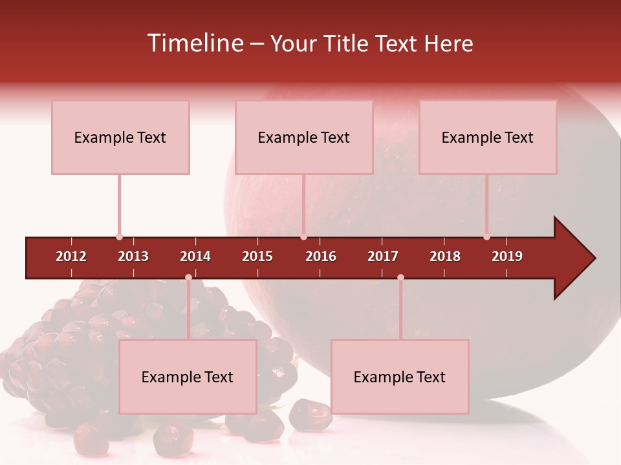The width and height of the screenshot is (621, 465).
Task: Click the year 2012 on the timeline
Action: (x=71, y=256)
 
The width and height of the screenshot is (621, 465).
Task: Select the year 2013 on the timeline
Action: (x=133, y=256)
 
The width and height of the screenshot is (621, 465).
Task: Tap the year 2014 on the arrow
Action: (x=195, y=256)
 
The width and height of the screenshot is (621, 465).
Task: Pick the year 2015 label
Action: (x=257, y=256)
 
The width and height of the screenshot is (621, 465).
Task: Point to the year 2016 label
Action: (x=321, y=256)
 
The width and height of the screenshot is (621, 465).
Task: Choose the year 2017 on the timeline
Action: (x=383, y=256)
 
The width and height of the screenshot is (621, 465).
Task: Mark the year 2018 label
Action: (x=445, y=256)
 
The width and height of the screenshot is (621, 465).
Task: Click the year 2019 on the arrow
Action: (x=507, y=256)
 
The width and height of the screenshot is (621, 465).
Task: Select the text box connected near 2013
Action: (x=120, y=138)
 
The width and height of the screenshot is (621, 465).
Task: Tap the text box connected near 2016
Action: (x=304, y=138)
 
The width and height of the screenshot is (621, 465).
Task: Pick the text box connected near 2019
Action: (x=488, y=138)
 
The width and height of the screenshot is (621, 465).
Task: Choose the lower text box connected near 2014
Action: (x=188, y=377)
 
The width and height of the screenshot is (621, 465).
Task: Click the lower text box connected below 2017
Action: (x=400, y=377)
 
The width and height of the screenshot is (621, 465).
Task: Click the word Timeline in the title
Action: (x=196, y=43)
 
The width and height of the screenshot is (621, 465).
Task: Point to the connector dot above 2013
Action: (x=119, y=237)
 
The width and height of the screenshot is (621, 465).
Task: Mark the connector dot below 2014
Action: (x=188, y=278)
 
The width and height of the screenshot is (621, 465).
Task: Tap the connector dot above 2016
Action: (x=303, y=237)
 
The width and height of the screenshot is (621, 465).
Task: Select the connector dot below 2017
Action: (x=400, y=278)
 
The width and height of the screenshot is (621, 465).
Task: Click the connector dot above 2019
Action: (x=486, y=237)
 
